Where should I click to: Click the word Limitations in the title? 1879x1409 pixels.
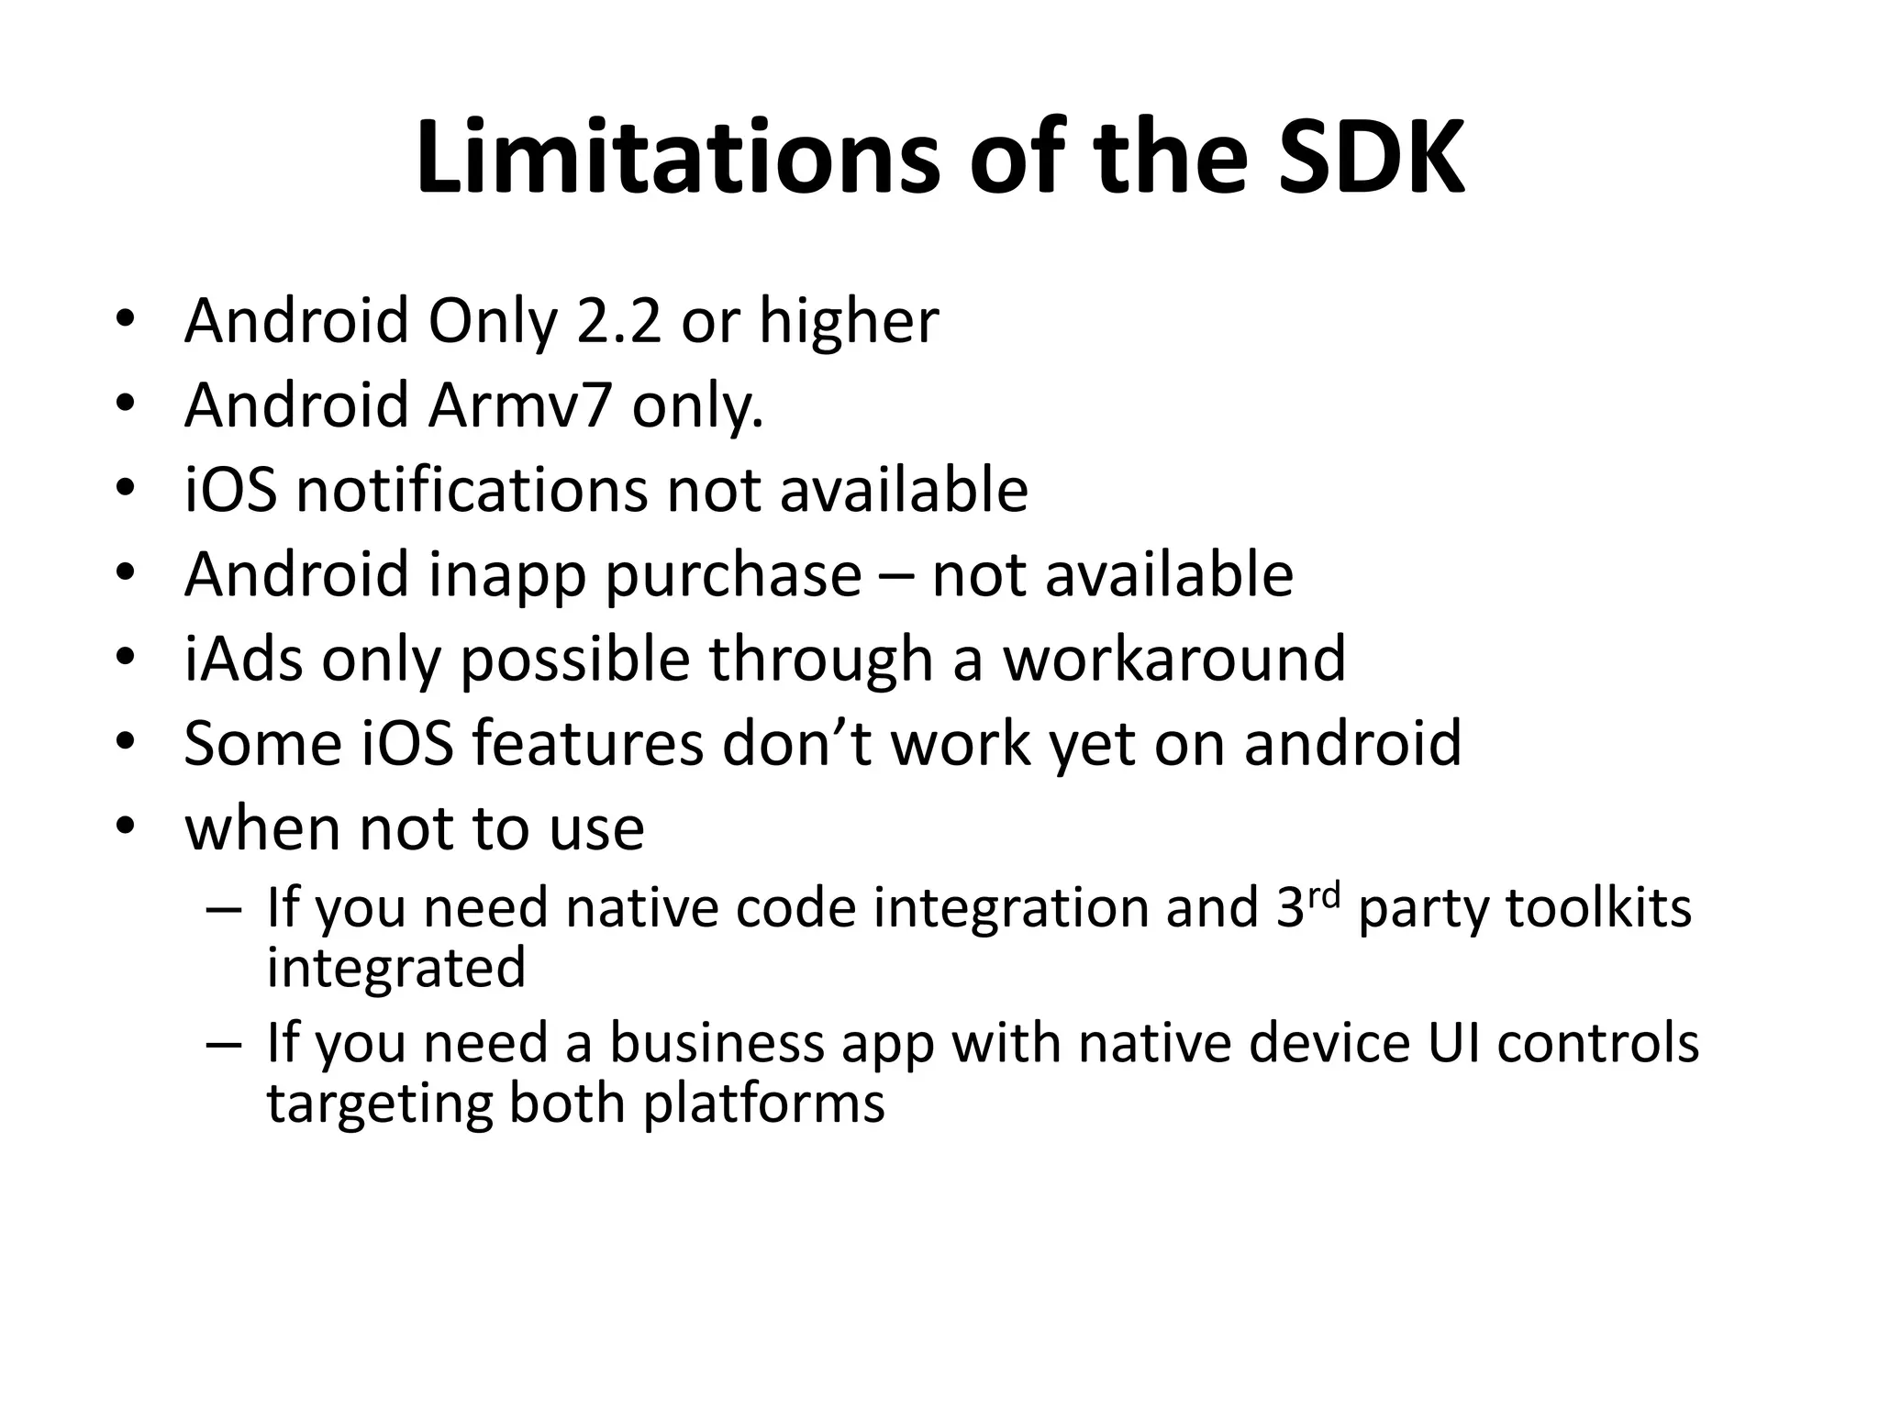[x=678, y=157]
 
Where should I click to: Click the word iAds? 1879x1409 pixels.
[x=243, y=660]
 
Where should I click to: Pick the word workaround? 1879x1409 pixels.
[x=1173, y=660]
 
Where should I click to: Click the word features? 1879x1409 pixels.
[x=587, y=744]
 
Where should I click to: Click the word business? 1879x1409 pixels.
[x=717, y=1044]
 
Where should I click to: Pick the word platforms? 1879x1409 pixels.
[x=763, y=1103]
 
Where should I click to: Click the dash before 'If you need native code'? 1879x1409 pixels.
[x=225, y=910]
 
